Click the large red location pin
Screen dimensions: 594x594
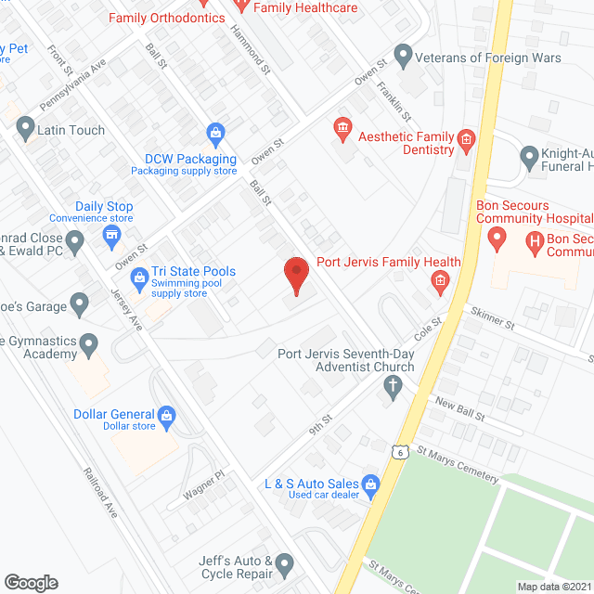[x=295, y=275]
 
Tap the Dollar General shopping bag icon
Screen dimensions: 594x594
[x=167, y=415]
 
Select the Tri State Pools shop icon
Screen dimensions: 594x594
[x=139, y=277]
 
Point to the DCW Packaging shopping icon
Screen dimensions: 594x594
[x=215, y=133]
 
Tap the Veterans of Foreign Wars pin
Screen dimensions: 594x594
[x=403, y=58]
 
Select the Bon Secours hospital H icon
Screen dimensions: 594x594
[x=534, y=242]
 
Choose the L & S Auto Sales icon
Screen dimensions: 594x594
[x=370, y=484]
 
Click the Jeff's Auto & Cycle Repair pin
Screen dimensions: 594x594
[x=284, y=562]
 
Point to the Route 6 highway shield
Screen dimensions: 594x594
[x=397, y=451]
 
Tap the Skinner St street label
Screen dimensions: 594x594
[x=492, y=322]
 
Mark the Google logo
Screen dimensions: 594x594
[x=31, y=582]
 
